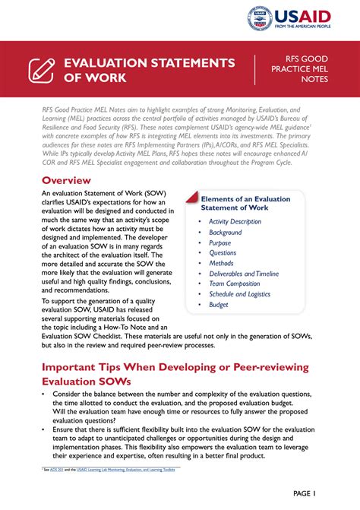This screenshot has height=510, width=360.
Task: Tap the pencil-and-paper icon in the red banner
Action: [41, 69]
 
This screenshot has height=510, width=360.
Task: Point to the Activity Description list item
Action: [235, 222]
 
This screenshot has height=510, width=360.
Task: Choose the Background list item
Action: [226, 233]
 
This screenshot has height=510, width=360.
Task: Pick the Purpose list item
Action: [221, 242]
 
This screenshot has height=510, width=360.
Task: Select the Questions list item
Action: [223, 253]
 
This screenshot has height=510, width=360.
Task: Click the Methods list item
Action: [222, 264]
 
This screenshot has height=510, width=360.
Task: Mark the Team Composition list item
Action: [234, 284]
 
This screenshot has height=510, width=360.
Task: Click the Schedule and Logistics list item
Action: [239, 294]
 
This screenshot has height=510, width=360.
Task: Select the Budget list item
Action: [219, 305]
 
